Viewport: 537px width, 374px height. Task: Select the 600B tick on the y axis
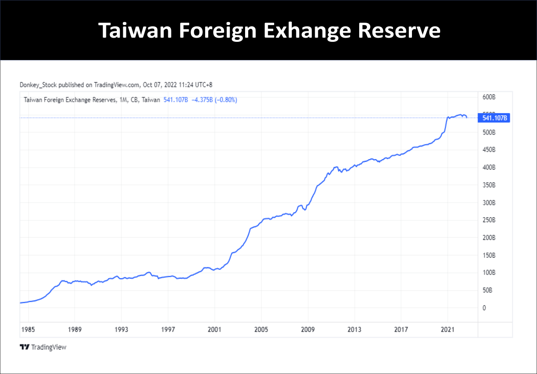tap(489, 97)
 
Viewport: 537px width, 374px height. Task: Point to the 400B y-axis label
tap(489, 168)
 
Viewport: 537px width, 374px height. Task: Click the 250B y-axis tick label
tap(489, 220)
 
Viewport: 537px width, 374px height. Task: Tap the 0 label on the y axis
tap(485, 308)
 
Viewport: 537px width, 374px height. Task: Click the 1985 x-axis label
tap(28, 329)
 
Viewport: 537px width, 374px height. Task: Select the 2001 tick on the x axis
tap(214, 329)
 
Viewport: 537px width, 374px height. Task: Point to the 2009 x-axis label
tap(308, 329)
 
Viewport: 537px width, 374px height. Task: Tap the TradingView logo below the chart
tap(43, 347)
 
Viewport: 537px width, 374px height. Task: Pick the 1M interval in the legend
tap(123, 100)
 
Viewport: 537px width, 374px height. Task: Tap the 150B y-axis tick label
tap(489, 255)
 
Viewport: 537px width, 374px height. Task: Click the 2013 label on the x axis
tap(354, 329)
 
